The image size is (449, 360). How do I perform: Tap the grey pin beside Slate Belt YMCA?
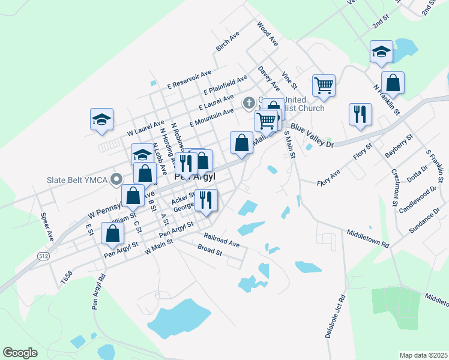click(x=118, y=178)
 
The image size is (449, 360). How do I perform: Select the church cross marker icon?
click(x=248, y=104)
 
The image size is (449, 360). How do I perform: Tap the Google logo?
click(x=20, y=353)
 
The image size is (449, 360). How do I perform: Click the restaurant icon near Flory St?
click(x=360, y=115)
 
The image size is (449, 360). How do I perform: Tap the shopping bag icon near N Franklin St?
click(x=393, y=82)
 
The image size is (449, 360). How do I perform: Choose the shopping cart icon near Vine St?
click(x=324, y=85)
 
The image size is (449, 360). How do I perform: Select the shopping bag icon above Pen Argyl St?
click(x=112, y=233)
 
